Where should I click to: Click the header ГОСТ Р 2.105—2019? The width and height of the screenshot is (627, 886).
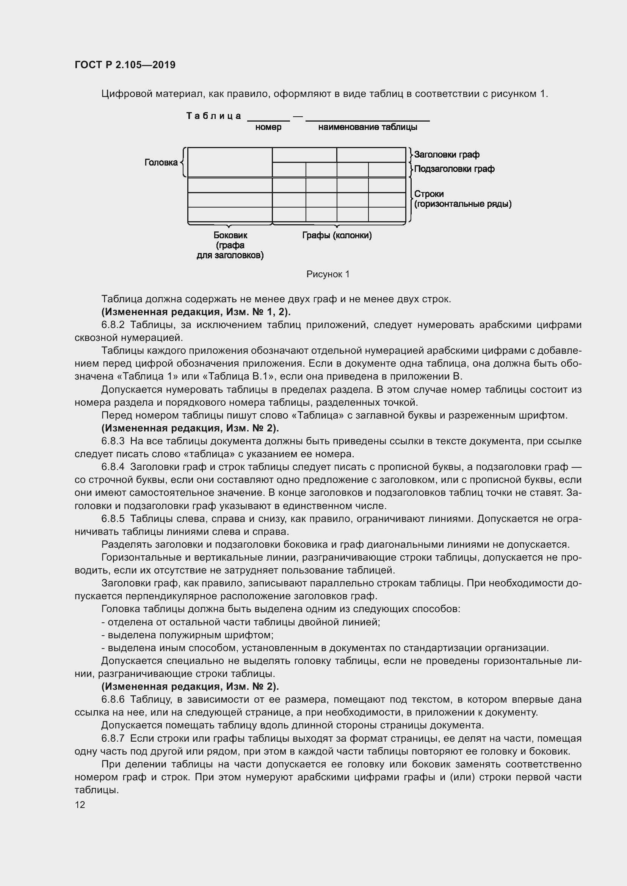tap(125, 65)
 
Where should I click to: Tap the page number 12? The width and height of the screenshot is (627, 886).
tap(80, 805)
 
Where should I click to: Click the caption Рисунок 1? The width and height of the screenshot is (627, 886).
tap(328, 274)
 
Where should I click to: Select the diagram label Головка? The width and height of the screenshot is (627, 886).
tap(161, 163)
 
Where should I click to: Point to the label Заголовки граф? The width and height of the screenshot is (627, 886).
tap(447, 155)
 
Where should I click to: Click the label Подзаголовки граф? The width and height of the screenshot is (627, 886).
tap(454, 169)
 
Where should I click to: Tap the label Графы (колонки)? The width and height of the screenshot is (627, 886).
tap(337, 235)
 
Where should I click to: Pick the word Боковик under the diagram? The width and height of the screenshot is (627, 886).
tap(230, 235)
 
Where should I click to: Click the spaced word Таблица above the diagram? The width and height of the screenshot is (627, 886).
tap(214, 116)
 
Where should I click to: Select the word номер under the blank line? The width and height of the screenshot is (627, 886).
tap(268, 127)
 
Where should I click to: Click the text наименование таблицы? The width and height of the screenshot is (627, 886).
tap(368, 127)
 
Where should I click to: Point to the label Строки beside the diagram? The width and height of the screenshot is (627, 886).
tap(429, 194)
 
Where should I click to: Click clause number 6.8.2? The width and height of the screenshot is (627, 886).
tap(113, 325)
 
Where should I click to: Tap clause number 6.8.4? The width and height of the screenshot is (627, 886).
tap(113, 467)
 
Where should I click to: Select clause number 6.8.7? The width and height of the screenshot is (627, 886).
tap(113, 739)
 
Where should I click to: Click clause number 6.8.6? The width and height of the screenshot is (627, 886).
tap(113, 700)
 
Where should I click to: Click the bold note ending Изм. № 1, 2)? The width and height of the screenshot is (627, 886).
tap(196, 312)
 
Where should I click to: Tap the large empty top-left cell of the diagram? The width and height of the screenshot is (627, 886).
tap(230, 163)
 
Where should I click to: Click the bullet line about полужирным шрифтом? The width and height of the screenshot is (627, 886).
tap(187, 635)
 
